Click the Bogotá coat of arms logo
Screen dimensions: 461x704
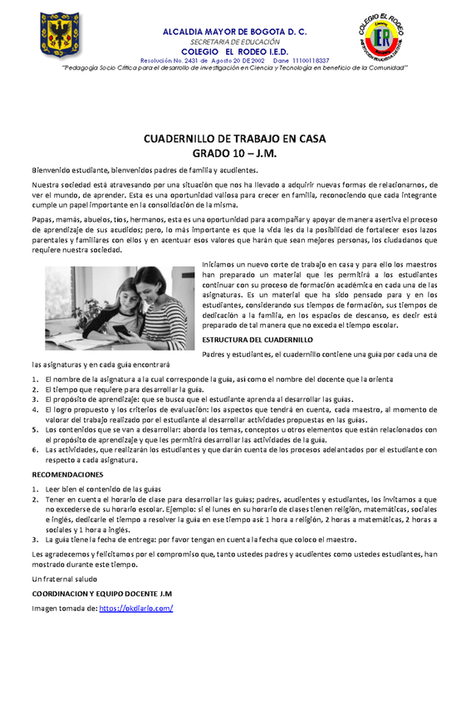click(61, 36)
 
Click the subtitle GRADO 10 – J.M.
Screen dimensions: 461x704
click(230, 154)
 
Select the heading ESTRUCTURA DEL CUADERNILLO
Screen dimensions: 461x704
click(257, 340)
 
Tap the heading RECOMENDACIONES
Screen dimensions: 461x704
click(67, 475)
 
